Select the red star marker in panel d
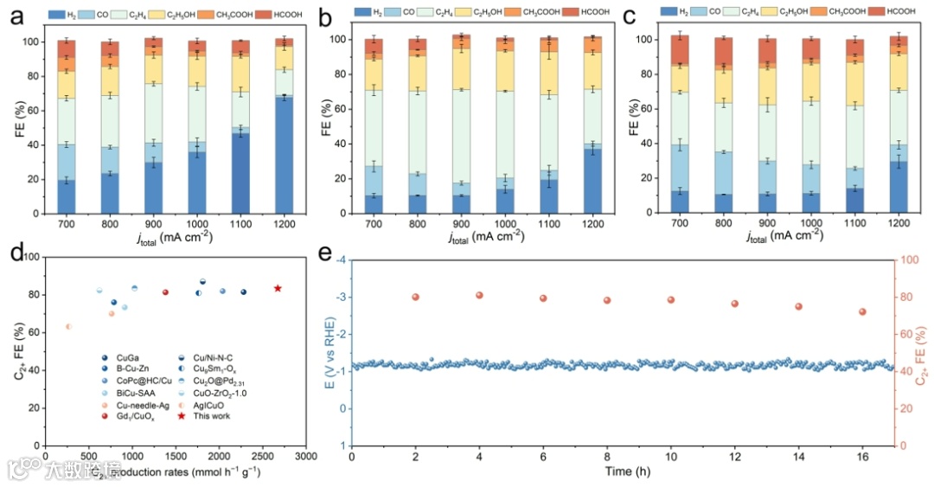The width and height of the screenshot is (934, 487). pyautogui.click(x=278, y=288)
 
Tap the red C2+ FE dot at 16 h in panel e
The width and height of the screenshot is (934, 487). pyautogui.click(x=862, y=311)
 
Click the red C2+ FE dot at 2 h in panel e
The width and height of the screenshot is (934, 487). pyautogui.click(x=415, y=297)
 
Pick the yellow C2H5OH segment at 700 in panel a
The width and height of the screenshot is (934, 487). pyautogui.click(x=66, y=85)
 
